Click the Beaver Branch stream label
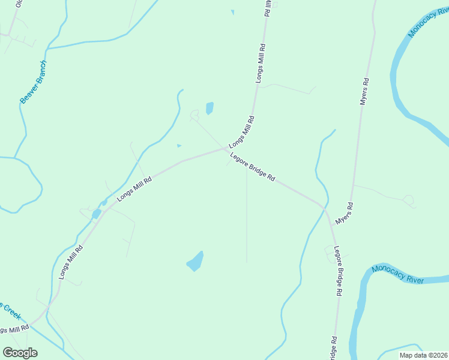point(33,82)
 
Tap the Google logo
point(20,353)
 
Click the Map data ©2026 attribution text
point(423,355)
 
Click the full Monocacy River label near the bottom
point(397,274)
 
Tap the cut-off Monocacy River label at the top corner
point(428,22)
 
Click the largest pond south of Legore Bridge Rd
point(195,262)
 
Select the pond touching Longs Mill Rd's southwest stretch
point(96,214)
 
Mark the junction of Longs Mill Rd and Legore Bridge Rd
point(226,148)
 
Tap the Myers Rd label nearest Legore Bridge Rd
point(344,214)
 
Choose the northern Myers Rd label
point(364,92)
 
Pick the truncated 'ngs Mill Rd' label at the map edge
point(14,329)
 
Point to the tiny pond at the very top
point(232,11)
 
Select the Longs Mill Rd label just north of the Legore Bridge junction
point(241,131)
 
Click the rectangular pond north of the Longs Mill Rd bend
point(209,108)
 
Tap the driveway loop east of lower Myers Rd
point(409,199)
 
